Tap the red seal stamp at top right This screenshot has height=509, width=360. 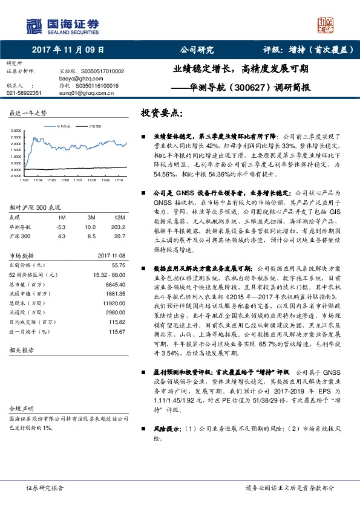point(326,25)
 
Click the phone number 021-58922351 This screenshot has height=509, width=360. point(24,93)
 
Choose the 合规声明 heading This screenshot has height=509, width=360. point(20,408)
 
